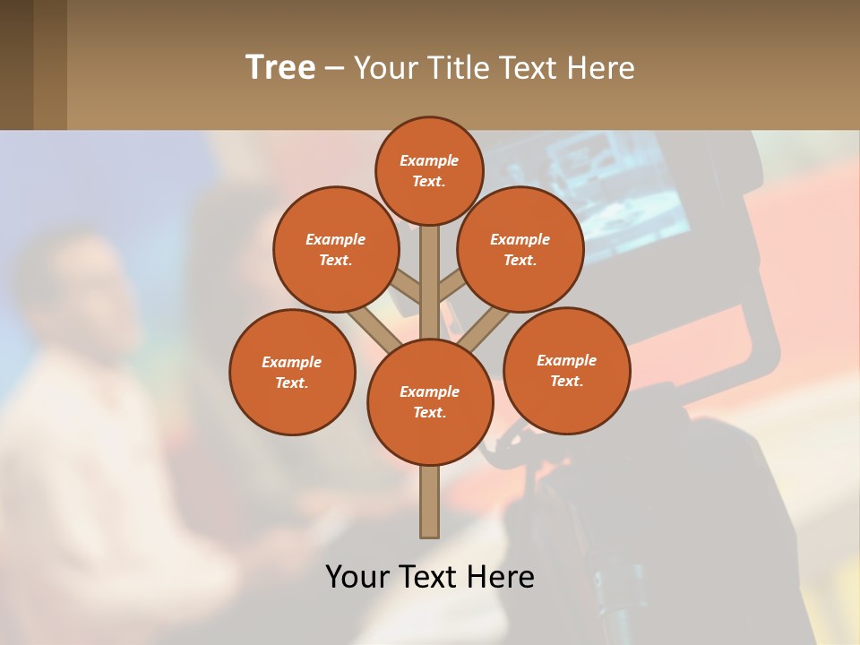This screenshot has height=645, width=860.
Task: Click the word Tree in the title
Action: tap(280, 67)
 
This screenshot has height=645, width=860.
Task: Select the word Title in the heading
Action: tap(460, 68)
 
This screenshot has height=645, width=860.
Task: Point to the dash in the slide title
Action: tap(333, 69)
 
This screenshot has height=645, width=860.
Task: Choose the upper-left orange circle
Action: tap(336, 249)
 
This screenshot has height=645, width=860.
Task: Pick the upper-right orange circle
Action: tap(520, 249)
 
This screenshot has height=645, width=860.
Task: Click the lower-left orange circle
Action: tap(292, 373)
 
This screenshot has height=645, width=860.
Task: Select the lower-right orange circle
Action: tap(566, 371)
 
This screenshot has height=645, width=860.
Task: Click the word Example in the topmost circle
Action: tap(429, 160)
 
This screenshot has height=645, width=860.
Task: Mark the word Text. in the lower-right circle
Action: tap(566, 381)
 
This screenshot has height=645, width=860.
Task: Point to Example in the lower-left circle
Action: tap(291, 362)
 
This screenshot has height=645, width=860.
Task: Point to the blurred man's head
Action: tap(85, 287)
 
